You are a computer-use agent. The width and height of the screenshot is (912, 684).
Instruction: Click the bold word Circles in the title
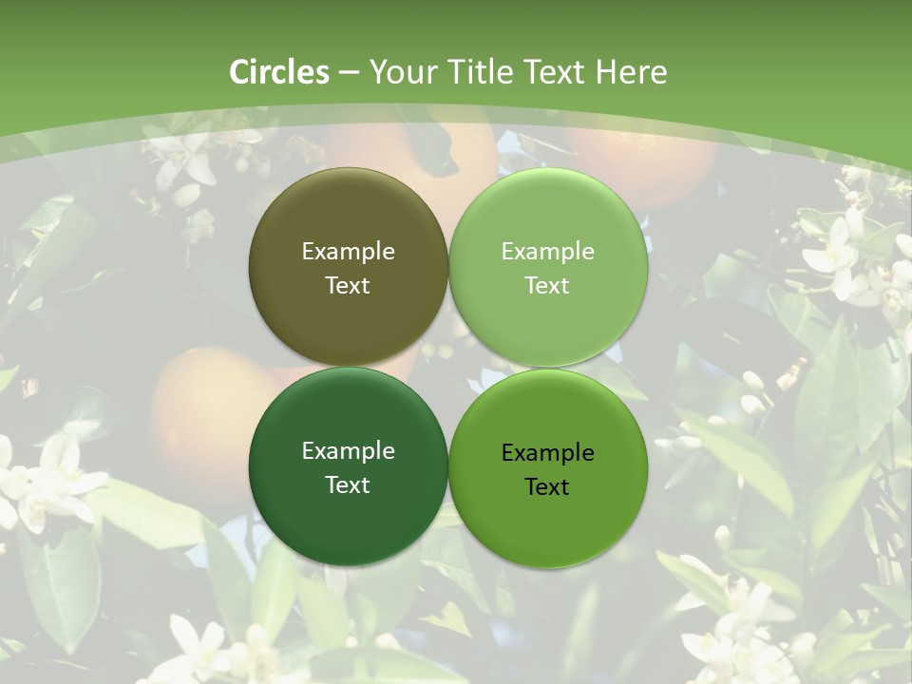point(279,72)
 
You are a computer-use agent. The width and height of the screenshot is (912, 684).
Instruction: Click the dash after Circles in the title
point(349,73)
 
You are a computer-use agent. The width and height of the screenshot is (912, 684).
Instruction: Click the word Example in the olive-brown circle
point(348,252)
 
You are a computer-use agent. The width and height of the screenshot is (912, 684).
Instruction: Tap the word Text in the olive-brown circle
point(348,286)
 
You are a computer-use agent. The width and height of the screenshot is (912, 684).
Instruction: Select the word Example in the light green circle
point(547,252)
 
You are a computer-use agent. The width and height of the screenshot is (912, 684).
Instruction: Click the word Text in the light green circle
point(547,286)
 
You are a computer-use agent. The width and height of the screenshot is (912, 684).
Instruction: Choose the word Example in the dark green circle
point(348,451)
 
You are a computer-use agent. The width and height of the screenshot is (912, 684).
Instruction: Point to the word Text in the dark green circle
point(348,485)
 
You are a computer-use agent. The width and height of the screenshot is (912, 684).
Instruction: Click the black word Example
point(547,453)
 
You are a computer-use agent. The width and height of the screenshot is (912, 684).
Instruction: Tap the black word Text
point(547,487)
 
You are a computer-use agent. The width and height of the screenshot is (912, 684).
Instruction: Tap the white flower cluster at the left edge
point(43,484)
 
